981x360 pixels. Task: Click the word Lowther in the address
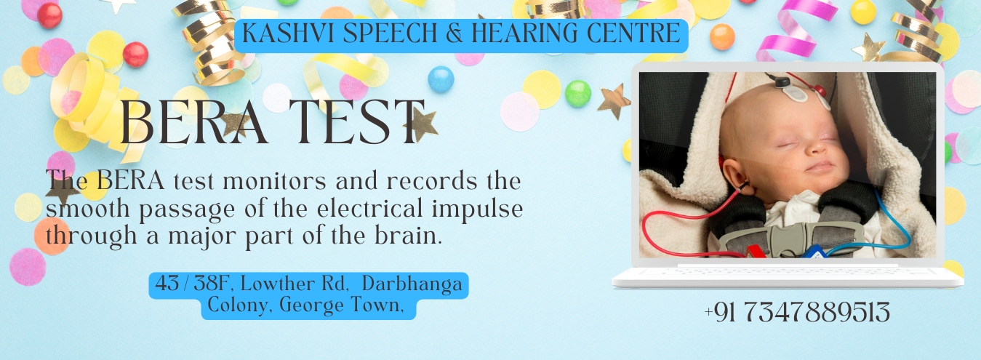(x=278, y=284)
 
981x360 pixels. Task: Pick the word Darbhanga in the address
(x=412, y=284)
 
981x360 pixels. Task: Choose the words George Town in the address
(x=341, y=305)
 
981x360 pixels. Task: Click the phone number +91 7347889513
(x=797, y=313)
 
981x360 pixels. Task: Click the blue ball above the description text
(x=441, y=79)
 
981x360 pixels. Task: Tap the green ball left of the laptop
(x=577, y=93)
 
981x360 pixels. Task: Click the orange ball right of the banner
(x=722, y=36)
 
